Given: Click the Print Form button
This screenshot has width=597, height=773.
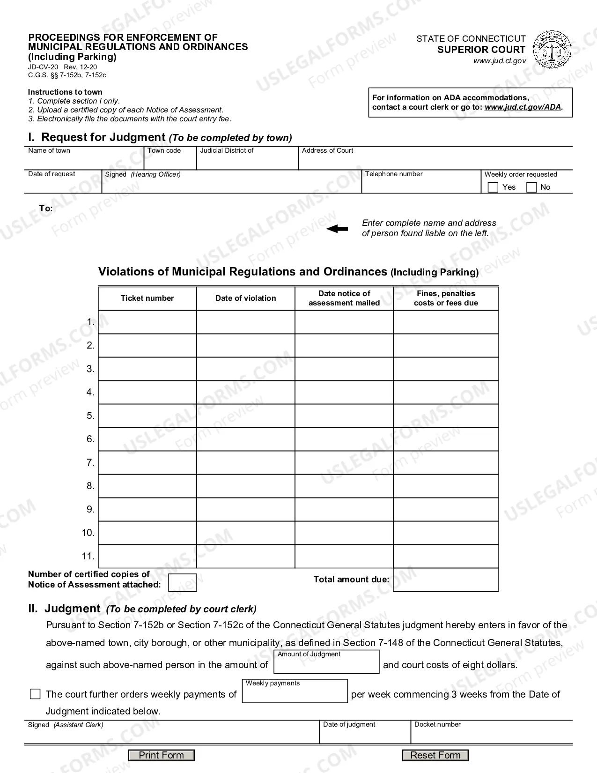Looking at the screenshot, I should coord(161,755).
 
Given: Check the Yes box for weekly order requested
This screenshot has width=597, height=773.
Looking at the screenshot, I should coord(493,187).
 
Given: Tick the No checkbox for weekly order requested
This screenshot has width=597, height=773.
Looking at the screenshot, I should coord(531,187).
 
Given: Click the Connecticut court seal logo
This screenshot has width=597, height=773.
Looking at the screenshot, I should coord(552,49).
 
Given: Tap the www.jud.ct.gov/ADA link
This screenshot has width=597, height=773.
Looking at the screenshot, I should coord(523,107).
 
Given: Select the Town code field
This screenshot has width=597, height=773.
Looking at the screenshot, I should coord(170,161).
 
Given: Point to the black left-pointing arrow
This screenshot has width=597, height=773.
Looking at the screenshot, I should coord(337,229).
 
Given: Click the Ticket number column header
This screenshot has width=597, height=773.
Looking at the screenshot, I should coord(147,298).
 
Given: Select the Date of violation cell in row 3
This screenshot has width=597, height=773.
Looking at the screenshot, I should coord(245,369).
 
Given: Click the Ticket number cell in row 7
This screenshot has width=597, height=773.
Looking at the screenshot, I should coord(147,463).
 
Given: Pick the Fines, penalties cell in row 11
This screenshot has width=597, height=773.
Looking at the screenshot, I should coord(446,557).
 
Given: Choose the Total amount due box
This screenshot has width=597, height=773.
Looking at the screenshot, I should coord(446,580).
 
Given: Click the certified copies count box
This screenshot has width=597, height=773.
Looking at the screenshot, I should coord(182,583).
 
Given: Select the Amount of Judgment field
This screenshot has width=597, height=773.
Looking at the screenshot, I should coord(326,665).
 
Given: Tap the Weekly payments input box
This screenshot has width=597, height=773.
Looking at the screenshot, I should coord(295,694).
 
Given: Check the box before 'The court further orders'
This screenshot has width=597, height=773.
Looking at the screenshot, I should coord(35,694).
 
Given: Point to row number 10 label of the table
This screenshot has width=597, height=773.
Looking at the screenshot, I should coord(88,533).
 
